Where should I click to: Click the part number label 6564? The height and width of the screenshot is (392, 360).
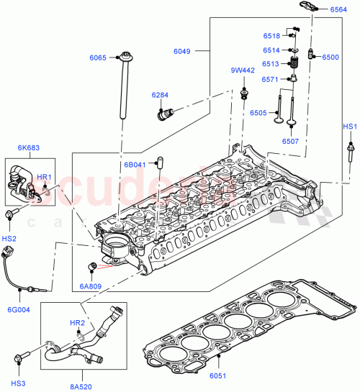pyautogui.click(x=338, y=10)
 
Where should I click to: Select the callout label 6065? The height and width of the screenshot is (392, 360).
pyautogui.click(x=97, y=58)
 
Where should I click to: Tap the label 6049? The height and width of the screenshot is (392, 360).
pyautogui.click(x=183, y=51)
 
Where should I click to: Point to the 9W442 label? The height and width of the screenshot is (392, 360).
pyautogui.click(x=243, y=70)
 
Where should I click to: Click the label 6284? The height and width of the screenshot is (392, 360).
pyautogui.click(x=160, y=95)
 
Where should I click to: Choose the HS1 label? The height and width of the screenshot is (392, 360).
pyautogui.click(x=349, y=127)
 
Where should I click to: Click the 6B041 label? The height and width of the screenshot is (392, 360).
pyautogui.click(x=135, y=165)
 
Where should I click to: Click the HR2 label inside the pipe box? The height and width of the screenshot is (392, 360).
pyautogui.click(x=77, y=324)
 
